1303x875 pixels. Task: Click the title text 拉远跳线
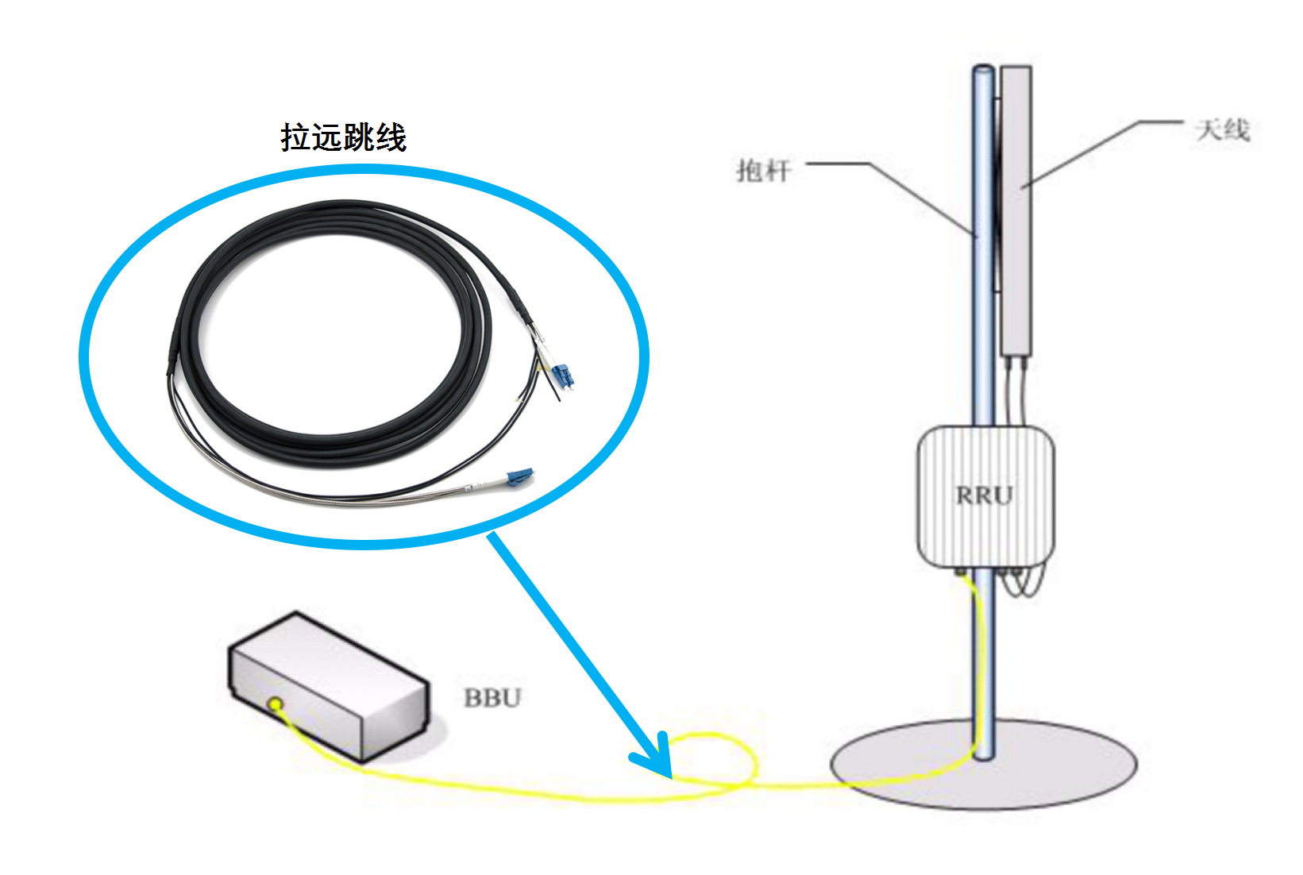[343, 137]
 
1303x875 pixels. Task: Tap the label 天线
[1223, 129]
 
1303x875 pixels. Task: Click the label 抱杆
[763, 170]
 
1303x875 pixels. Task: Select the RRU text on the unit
[985, 495]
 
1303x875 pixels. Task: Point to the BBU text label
[492, 698]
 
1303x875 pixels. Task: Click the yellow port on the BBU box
[276, 703]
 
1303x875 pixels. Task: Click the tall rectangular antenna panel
[1016, 210]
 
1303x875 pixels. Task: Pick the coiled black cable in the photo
[333, 318]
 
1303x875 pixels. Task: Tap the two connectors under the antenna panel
[1016, 363]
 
